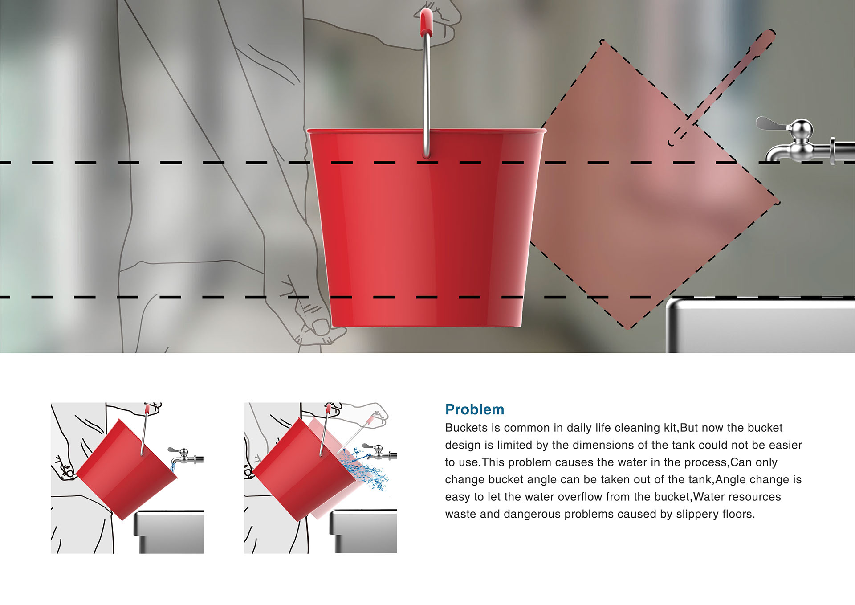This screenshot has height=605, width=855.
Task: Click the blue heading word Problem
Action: (475, 409)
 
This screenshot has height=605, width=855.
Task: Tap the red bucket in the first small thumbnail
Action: (127, 472)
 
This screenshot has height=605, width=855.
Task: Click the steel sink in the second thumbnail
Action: (363, 532)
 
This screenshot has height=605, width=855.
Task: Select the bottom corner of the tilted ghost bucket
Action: (628, 327)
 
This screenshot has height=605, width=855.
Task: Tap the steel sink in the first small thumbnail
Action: (169, 532)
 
